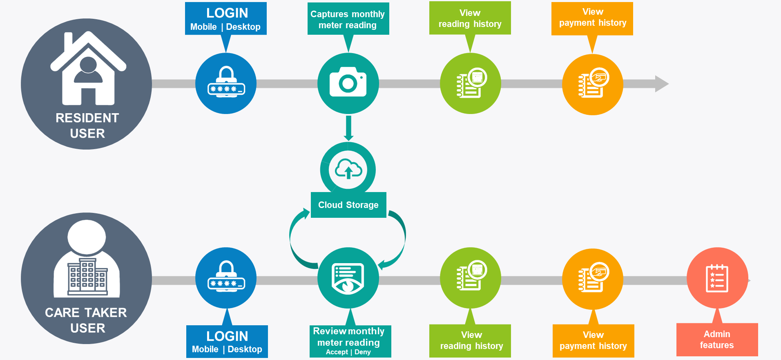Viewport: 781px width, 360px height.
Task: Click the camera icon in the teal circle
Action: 348,83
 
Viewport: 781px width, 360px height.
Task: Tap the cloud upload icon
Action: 348,169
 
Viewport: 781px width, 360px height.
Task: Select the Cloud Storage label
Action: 348,205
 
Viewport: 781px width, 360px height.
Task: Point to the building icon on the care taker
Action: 87,276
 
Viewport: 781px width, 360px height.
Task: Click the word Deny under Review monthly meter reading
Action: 363,352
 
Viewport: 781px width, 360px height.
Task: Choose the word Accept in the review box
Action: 337,352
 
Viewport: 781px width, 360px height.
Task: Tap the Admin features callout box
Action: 717,340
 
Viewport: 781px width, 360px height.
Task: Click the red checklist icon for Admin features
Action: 717,278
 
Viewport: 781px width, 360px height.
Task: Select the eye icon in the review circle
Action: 348,285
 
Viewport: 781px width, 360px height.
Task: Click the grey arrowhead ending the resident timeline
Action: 661,84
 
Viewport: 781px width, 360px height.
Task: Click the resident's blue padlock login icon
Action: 226,83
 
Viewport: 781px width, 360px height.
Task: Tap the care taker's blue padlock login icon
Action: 226,278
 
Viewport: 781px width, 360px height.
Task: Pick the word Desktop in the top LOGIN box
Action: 243,27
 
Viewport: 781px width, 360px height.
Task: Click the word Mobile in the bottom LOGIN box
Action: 205,349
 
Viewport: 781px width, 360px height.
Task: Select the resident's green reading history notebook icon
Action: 471,83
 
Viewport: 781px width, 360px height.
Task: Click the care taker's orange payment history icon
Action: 593,278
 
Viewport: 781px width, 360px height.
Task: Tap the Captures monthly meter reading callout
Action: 348,19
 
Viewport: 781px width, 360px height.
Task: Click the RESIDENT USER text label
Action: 87,125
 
